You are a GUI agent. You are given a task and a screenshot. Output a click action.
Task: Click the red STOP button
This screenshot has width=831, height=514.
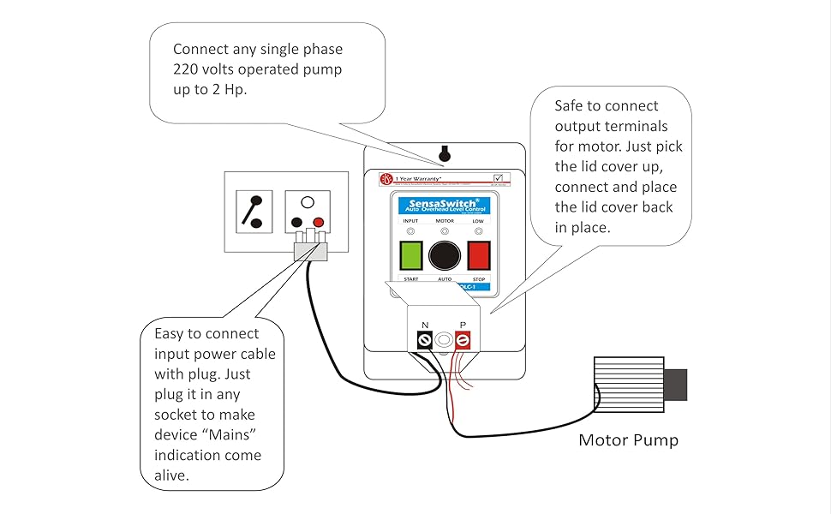coord(476,255)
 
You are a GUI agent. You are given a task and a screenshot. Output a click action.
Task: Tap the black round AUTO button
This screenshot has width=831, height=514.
coord(444,256)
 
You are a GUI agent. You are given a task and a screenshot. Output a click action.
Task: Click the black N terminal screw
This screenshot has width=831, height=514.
coord(424,341)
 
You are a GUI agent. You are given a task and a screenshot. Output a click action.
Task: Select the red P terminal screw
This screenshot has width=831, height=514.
coord(463,341)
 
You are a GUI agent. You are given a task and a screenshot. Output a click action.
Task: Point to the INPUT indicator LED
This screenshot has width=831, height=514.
coord(410,231)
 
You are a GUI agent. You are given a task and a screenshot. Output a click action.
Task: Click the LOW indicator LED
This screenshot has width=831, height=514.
coord(478,231)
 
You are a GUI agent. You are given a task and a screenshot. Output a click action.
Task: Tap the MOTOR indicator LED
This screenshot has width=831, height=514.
coord(444,231)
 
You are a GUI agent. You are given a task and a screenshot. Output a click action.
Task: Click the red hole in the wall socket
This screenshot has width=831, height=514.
coord(319,223)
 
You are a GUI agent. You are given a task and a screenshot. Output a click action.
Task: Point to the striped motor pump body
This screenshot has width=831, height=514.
coord(628,385)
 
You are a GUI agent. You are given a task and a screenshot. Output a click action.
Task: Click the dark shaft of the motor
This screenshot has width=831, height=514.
coord(676,385)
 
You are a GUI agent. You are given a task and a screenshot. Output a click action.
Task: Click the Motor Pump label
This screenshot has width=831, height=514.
coord(628,440)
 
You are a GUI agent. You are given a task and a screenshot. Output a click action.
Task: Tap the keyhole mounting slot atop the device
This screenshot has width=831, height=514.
coord(444,154)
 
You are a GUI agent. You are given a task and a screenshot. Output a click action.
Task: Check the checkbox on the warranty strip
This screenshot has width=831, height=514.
coord(499,178)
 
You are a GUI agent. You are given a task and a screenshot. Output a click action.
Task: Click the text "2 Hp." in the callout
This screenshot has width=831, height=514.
coord(224,90)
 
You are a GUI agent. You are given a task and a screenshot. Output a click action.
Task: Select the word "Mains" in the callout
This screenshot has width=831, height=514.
coord(231,435)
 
